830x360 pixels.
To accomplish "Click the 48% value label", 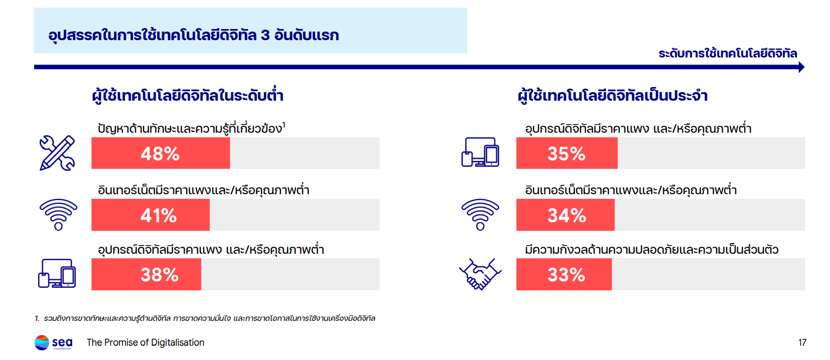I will [160, 154].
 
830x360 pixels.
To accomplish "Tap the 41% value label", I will [159, 216].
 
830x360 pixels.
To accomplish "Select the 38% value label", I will [160, 275].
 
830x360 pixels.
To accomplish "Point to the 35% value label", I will [566, 154].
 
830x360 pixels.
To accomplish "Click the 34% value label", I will [567, 216].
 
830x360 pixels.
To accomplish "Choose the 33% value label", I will [566, 275].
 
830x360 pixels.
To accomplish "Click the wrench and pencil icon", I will [57, 153].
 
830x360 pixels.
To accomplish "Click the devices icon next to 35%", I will [480, 153].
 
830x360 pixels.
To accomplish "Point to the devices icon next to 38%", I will [57, 274].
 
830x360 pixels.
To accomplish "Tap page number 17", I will [802, 343].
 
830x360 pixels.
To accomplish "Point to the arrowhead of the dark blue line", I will [802, 67].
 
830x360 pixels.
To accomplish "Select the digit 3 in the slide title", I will [265, 35].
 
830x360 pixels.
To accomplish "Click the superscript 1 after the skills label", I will [284, 124].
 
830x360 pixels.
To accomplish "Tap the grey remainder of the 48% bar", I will [304, 153].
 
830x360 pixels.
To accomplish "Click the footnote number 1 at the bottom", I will [37, 318].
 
